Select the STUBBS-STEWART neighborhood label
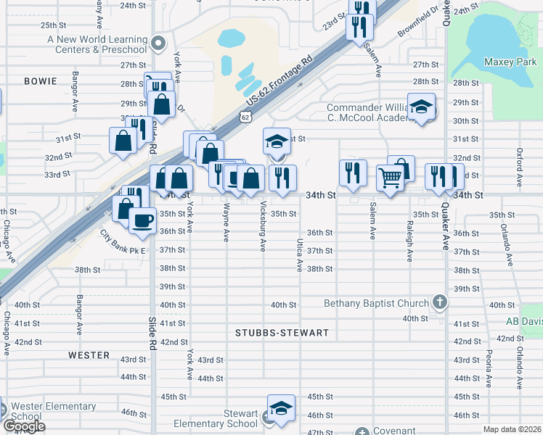pos(282,333)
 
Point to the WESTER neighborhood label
pos(89,355)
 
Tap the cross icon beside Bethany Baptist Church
pos(438,302)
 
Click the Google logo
pos(24,426)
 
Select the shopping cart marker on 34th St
pos(391,177)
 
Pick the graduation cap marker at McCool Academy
pos(421,108)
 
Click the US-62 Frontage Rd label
pos(279,79)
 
